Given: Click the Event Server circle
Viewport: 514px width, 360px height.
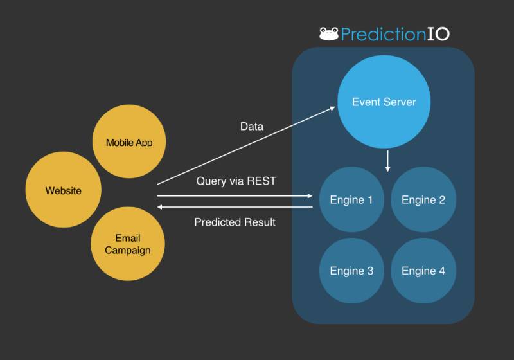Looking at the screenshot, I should click(384, 102).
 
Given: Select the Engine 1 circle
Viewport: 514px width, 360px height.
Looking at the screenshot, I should click(351, 200).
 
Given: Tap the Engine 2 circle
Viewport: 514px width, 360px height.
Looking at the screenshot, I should click(423, 200).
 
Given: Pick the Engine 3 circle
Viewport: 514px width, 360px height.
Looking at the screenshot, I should click(351, 271).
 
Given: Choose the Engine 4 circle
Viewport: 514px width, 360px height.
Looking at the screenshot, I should click(423, 271).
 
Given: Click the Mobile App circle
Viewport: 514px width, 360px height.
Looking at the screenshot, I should click(129, 142).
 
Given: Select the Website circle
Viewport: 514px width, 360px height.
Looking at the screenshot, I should click(63, 190).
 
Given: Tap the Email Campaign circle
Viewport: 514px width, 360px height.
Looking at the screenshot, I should click(128, 244).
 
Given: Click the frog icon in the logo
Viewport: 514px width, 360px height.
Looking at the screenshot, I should click(329, 33).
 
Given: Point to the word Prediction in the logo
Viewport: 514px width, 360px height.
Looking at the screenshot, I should click(382, 34).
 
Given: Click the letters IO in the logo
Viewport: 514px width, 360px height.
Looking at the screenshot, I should click(438, 34).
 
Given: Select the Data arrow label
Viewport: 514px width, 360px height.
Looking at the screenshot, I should click(251, 127).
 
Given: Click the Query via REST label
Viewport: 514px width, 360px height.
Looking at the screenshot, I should click(236, 181).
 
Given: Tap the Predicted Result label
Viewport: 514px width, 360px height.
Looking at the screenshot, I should click(235, 222).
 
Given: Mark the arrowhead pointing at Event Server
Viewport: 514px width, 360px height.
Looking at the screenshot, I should click(333, 108).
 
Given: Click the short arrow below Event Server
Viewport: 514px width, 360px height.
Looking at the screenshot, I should click(387, 161).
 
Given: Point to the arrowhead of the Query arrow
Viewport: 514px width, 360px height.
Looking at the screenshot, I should click(309, 195).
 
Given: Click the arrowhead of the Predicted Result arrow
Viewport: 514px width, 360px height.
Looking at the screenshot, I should click(161, 207).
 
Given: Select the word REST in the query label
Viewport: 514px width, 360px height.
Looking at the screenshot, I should click(261, 181).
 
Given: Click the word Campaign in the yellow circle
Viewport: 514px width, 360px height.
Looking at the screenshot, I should click(128, 250).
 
